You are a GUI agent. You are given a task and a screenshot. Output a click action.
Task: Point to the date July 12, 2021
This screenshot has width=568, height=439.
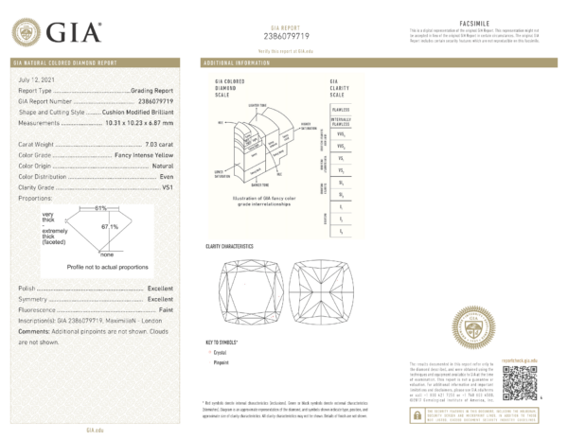(37, 81)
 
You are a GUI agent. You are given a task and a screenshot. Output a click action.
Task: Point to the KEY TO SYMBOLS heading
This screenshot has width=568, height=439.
(224, 341)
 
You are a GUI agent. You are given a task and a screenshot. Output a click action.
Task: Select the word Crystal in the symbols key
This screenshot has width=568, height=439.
(223, 351)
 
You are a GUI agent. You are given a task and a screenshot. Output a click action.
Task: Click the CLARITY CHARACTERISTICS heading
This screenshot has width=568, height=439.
(231, 245)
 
